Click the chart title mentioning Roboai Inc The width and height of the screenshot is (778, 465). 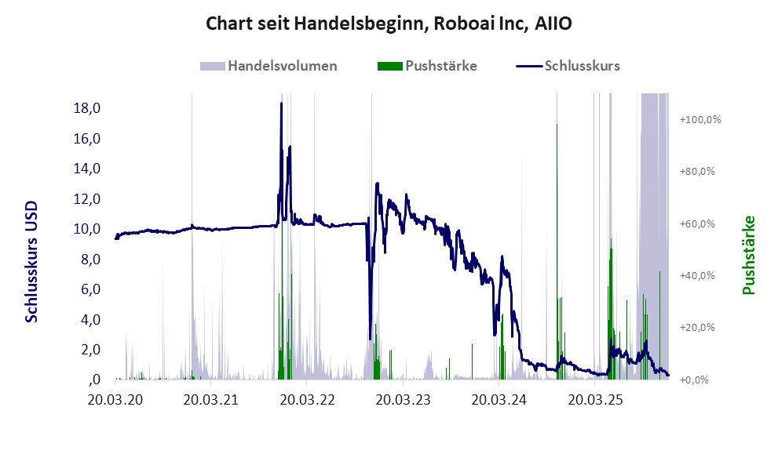389,24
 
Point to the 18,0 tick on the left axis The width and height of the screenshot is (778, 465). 88,108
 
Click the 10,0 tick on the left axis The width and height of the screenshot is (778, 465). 88,229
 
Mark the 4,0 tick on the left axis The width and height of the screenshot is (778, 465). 91,320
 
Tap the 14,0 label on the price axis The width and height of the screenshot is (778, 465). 88,169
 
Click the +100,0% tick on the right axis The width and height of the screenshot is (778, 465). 699,120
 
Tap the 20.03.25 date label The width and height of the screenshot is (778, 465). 596,400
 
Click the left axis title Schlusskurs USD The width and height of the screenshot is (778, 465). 32,262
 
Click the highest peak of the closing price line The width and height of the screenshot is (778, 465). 281,104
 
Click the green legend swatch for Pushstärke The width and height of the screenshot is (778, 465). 389,66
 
